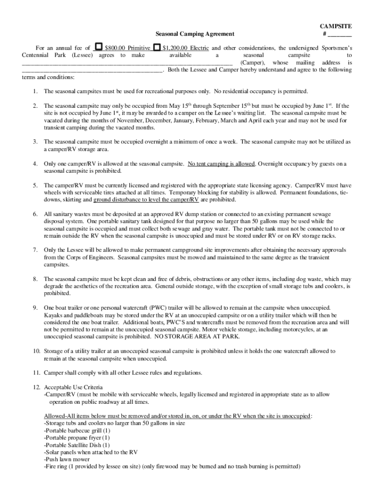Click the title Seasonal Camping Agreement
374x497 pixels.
[x=194, y=34]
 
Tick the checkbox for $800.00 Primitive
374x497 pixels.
[x=99, y=48]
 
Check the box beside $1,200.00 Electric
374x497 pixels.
[x=157, y=48]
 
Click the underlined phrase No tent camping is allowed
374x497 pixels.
[x=221, y=164]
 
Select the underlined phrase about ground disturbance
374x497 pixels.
[x=146, y=199]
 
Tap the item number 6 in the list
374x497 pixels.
[x=35, y=214]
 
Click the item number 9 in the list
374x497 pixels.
[x=35, y=308]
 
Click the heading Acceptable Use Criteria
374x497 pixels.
[x=73, y=387]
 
